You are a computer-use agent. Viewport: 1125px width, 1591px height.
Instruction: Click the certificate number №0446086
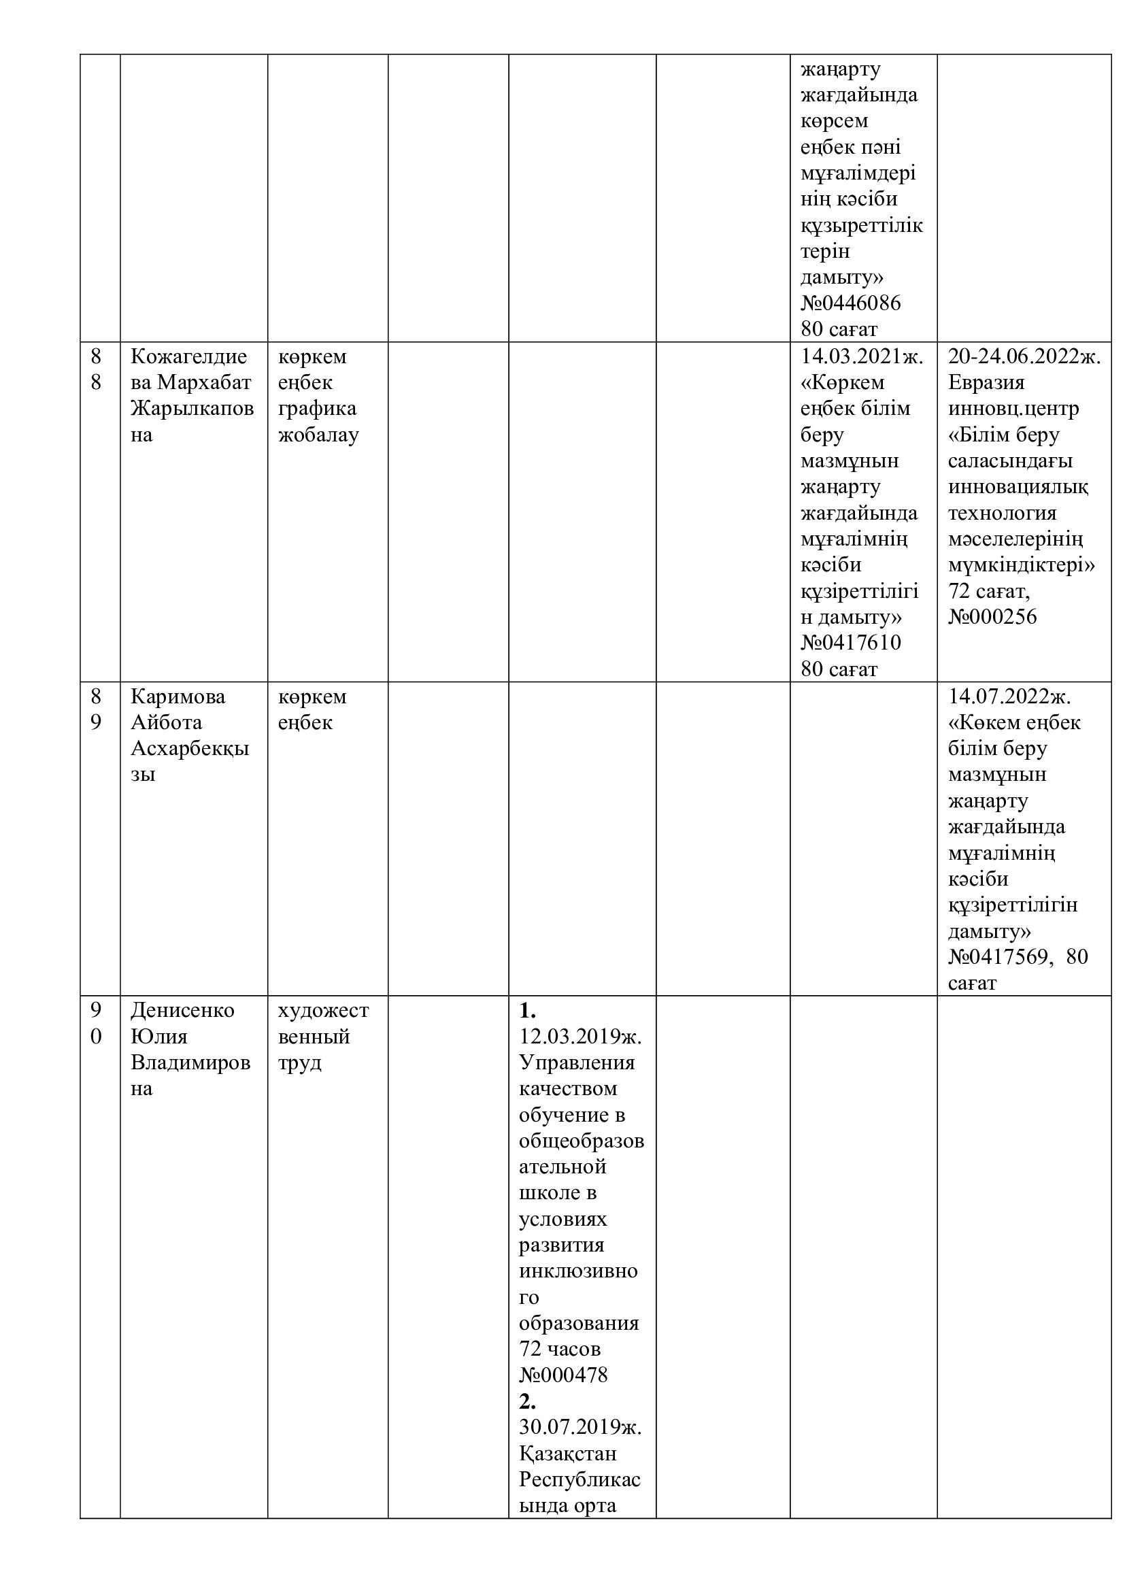click(851, 303)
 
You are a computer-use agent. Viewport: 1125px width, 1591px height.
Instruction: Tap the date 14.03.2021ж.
click(862, 356)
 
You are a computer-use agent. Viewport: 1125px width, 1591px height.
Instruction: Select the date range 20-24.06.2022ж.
click(1024, 356)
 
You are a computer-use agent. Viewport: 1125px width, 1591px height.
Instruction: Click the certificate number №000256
click(992, 617)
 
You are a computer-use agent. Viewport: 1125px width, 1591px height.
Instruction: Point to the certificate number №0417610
click(851, 642)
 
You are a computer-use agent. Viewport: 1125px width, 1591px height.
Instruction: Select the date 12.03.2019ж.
click(580, 1036)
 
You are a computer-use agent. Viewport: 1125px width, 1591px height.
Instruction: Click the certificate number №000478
click(562, 1375)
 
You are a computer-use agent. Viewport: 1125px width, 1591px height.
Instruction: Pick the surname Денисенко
click(182, 1010)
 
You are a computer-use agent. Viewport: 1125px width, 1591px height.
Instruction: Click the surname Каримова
click(178, 696)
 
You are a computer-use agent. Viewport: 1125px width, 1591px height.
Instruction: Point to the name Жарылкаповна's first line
click(192, 408)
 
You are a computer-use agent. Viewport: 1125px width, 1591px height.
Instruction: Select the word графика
click(317, 408)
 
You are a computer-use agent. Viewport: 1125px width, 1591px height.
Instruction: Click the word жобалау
click(318, 435)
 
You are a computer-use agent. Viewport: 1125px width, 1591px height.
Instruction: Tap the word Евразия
click(986, 382)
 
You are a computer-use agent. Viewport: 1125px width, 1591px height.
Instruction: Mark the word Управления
click(576, 1062)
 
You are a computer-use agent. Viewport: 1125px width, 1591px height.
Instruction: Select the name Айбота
click(166, 722)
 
